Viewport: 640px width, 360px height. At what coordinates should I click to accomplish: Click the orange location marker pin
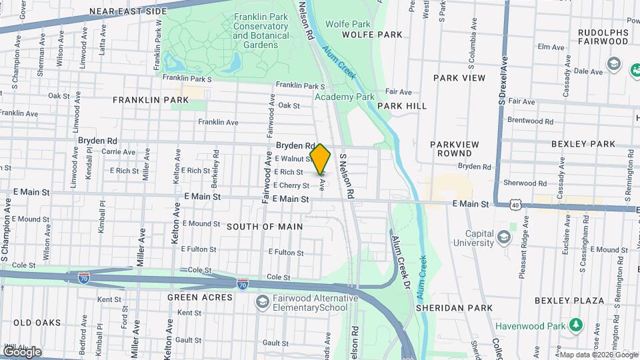tap(321, 159)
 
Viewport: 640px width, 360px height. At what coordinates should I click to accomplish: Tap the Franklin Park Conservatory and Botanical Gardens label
tap(261, 31)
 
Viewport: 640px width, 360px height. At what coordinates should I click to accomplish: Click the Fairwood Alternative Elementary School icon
tap(263, 303)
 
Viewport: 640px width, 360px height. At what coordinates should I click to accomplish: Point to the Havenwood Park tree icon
tap(574, 326)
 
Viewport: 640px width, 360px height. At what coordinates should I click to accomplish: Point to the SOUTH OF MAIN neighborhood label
tap(265, 227)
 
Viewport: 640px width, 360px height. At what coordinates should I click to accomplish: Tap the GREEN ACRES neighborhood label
tap(200, 297)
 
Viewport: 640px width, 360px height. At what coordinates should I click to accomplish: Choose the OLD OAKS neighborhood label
tap(37, 323)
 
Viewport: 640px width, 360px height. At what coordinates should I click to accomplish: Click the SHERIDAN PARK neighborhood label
tap(454, 308)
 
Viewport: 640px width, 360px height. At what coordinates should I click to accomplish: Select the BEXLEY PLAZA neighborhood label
tap(572, 301)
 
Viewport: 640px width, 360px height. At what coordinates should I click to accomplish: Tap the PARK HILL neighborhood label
tap(402, 106)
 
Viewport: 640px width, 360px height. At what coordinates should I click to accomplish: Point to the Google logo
tap(21, 351)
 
